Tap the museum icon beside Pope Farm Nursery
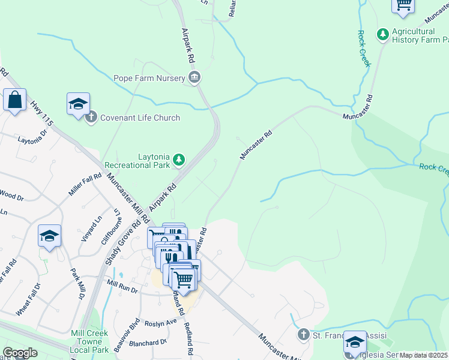194,77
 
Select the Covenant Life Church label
140,118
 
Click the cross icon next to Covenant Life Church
91,117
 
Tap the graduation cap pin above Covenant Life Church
78,104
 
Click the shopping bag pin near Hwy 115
14,100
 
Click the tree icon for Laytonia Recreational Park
178,160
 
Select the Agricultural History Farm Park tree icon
382,35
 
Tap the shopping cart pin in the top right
403,5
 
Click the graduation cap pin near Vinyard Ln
49,236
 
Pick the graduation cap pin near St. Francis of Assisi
355,343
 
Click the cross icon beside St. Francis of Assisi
304,334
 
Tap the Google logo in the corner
20,353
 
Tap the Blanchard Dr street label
147,343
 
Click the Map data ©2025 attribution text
424,355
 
